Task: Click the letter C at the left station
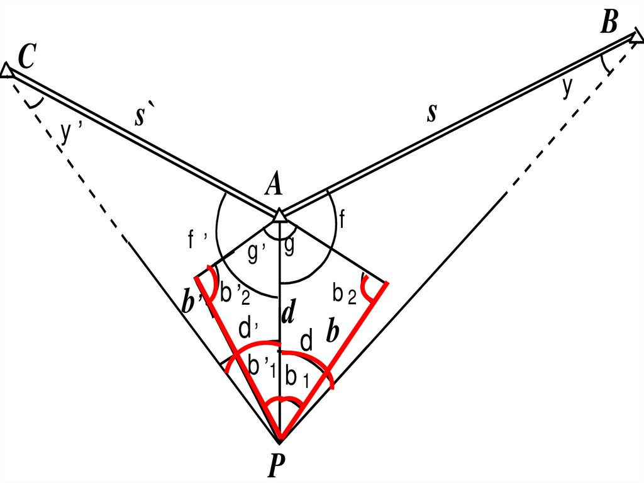pyautogui.click(x=26, y=57)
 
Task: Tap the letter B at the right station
pyautogui.click(x=609, y=23)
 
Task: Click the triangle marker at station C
pyautogui.click(x=7, y=71)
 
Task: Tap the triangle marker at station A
pyautogui.click(x=279, y=215)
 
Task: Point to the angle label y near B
pyautogui.click(x=567, y=88)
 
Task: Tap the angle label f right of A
pyautogui.click(x=343, y=220)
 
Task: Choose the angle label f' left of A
pyautogui.click(x=195, y=240)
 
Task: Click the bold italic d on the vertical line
pyautogui.click(x=288, y=314)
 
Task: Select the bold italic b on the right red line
pyautogui.click(x=333, y=332)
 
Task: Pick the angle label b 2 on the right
pyautogui.click(x=345, y=293)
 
